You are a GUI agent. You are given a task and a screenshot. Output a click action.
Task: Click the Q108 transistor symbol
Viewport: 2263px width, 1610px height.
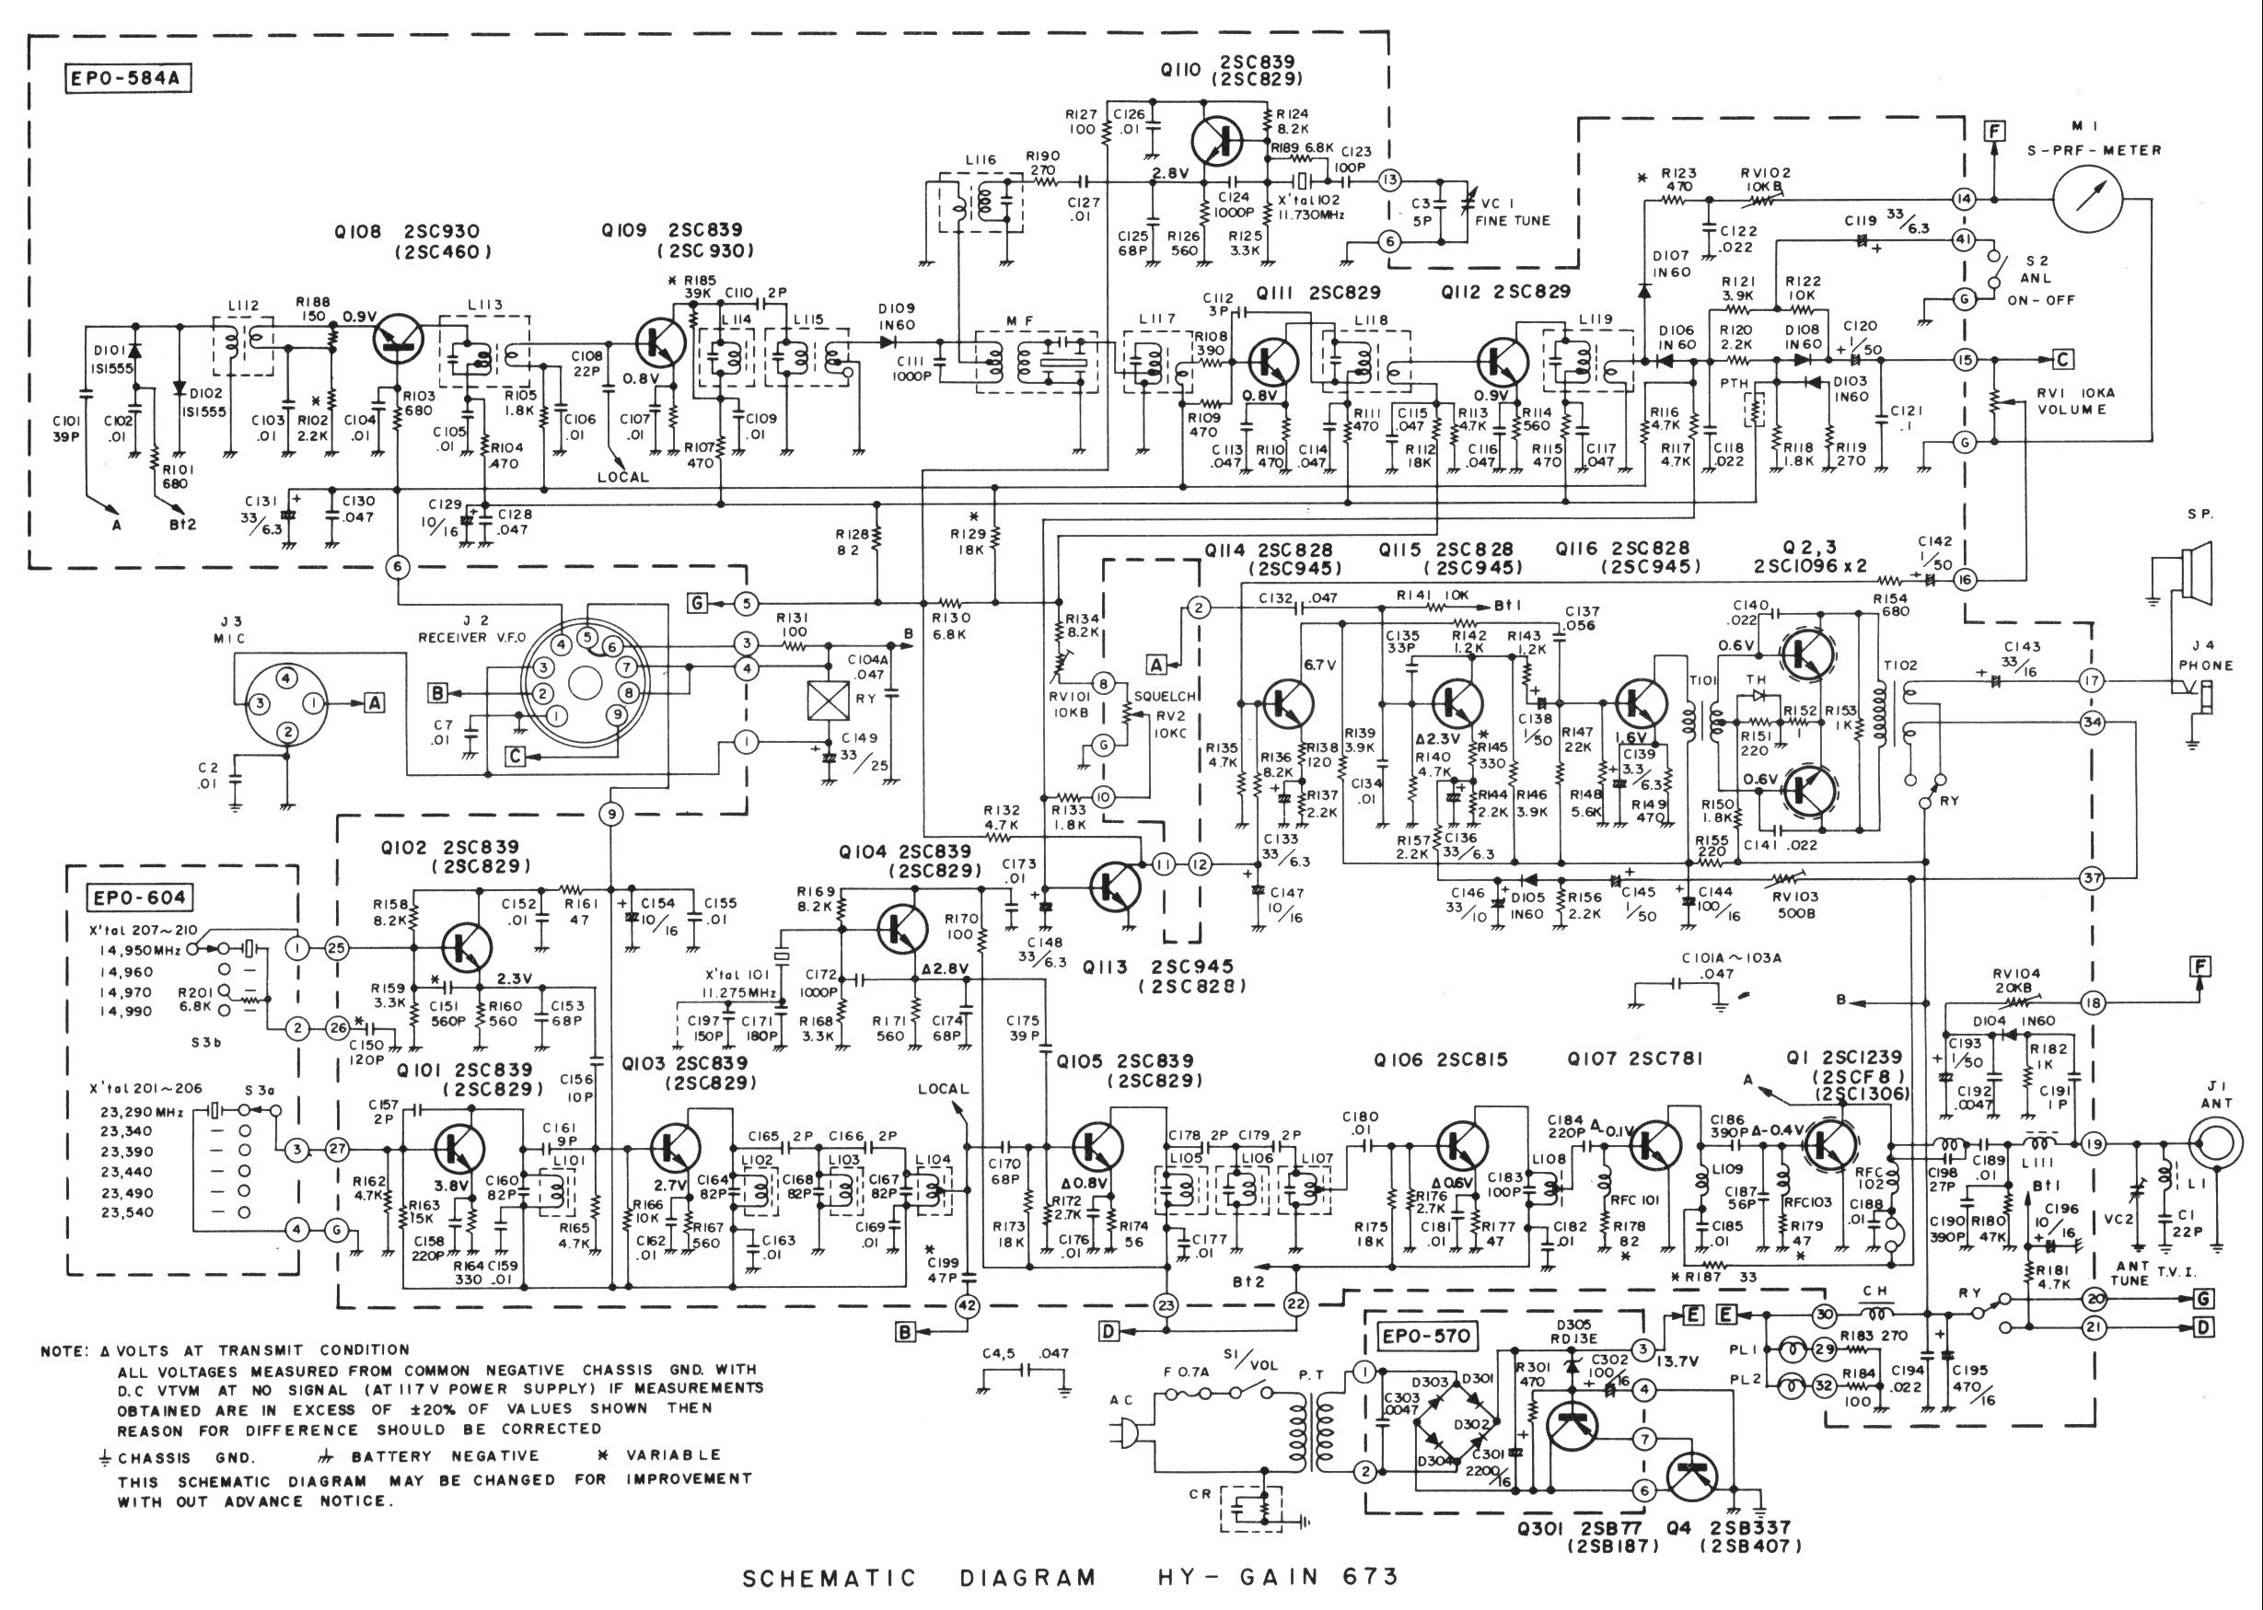(x=402, y=339)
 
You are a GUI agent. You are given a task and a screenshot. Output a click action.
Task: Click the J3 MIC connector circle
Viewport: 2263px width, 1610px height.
(x=286, y=705)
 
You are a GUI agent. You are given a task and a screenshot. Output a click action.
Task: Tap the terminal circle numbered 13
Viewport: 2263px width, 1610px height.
(x=1389, y=180)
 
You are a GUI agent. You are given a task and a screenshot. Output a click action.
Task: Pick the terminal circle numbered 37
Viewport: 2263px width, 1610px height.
(x=2092, y=878)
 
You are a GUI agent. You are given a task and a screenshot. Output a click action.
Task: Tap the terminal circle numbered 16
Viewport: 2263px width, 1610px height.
(x=1964, y=580)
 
